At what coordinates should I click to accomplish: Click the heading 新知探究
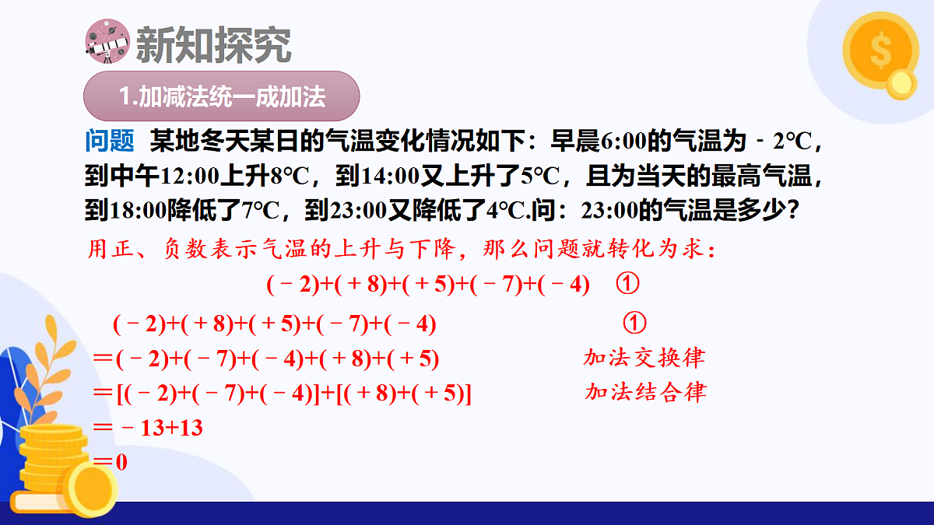(x=213, y=45)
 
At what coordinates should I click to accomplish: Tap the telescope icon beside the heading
(x=106, y=44)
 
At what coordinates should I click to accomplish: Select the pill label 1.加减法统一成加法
(x=222, y=98)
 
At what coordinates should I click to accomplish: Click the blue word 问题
(x=110, y=142)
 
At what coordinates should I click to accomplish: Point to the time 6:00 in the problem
(x=623, y=142)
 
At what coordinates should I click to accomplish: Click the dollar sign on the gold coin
(x=880, y=53)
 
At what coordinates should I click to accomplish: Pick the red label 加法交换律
(x=644, y=358)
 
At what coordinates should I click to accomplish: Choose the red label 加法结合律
(x=645, y=392)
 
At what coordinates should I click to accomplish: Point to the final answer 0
(x=121, y=462)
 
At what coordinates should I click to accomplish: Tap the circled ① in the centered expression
(x=627, y=285)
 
